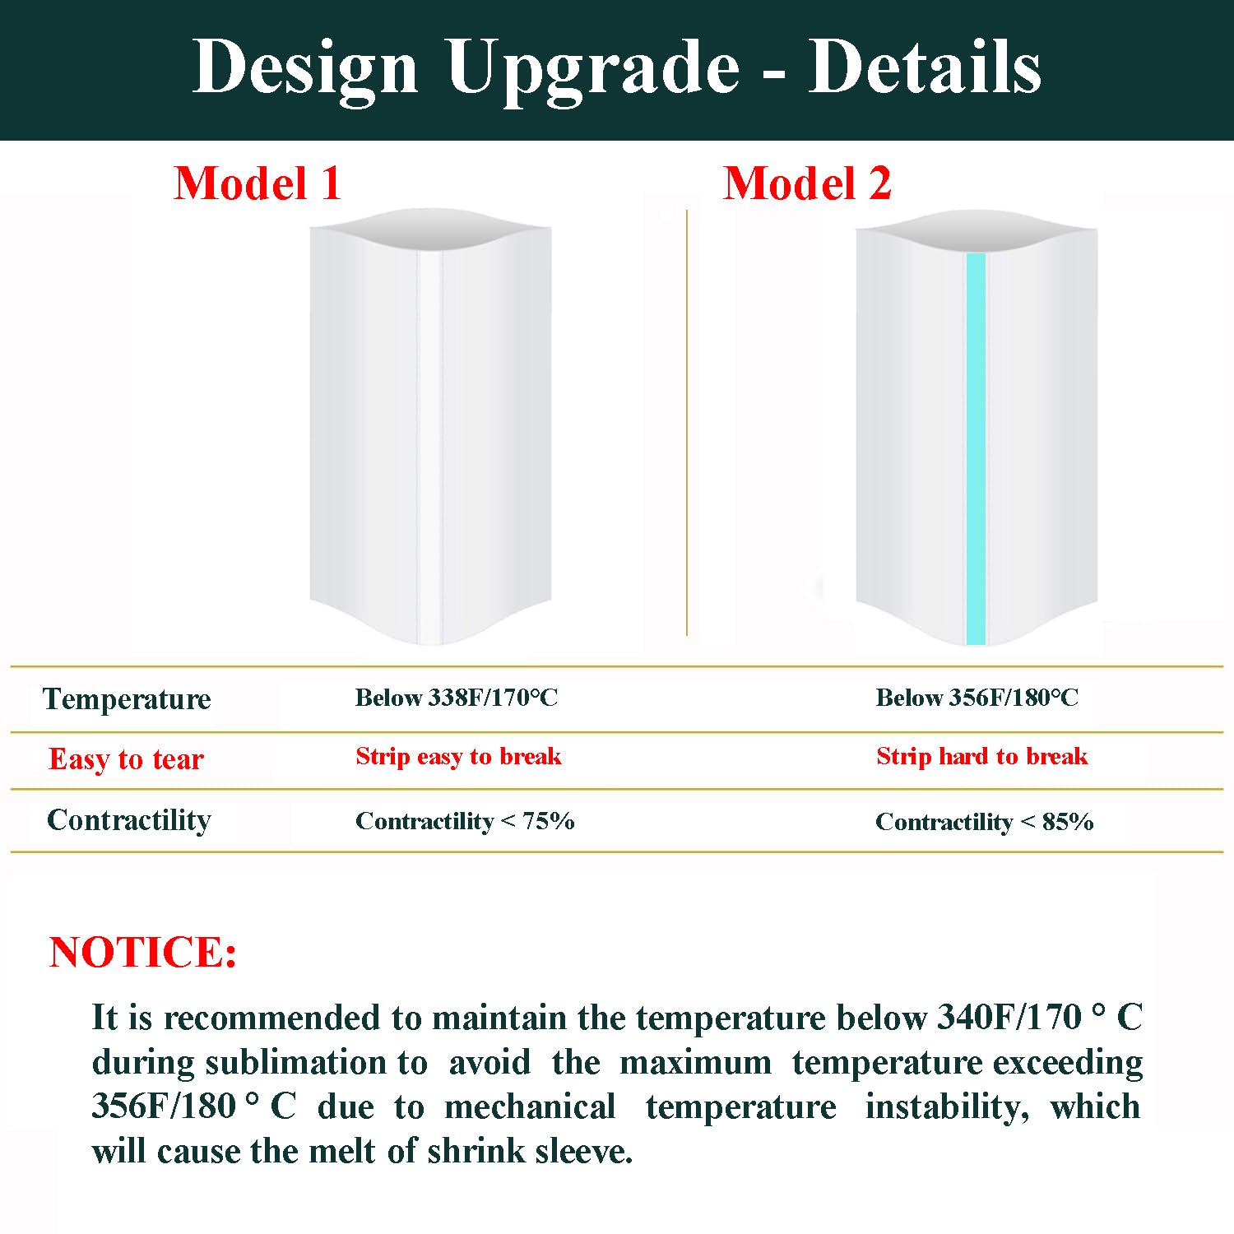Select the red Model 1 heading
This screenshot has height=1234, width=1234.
pyautogui.click(x=257, y=183)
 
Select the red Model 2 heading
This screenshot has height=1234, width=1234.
pyautogui.click(x=807, y=183)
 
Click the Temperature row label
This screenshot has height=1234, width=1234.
pyautogui.click(x=127, y=699)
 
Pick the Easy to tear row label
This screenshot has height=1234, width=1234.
pyautogui.click(x=126, y=758)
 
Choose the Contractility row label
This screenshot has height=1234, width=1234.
pyautogui.click(x=129, y=820)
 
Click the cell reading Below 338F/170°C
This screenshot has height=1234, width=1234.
pyautogui.click(x=457, y=698)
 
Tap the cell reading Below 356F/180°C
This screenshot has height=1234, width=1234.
pyautogui.click(x=977, y=698)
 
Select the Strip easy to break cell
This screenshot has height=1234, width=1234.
pyautogui.click(x=458, y=756)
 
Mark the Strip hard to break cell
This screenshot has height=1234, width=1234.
pyautogui.click(x=981, y=756)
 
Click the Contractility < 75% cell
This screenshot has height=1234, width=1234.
pyautogui.click(x=465, y=821)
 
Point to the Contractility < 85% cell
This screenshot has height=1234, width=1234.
pyautogui.click(x=984, y=822)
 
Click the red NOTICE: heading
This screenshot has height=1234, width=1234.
pyautogui.click(x=143, y=952)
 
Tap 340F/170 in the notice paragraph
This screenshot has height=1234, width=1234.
pyautogui.click(x=1009, y=1018)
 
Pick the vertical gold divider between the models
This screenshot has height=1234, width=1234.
pyautogui.click(x=687, y=422)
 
